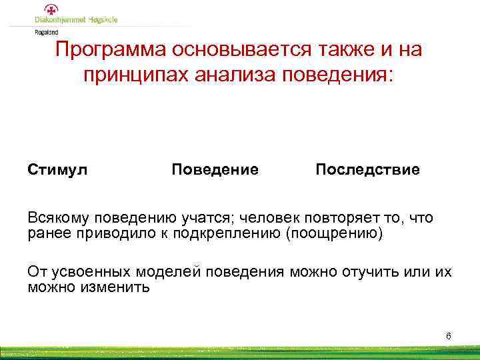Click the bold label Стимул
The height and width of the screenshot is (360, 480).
[57, 169]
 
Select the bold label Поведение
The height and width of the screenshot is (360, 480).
[215, 169]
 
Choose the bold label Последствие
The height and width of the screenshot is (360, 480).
[367, 169]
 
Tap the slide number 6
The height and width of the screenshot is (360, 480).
[448, 335]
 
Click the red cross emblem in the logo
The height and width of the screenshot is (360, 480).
[51, 9]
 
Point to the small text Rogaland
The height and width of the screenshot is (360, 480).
[46, 31]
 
